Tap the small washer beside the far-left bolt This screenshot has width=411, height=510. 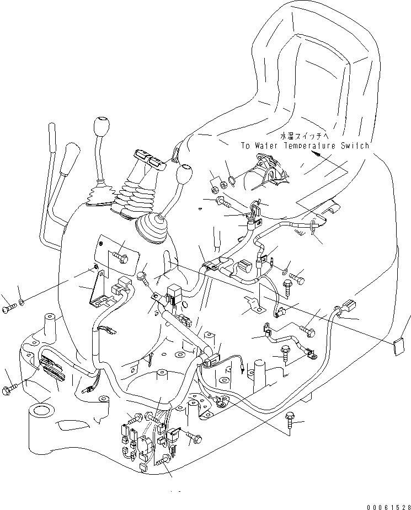click(20, 302)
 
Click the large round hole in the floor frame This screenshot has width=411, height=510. click(42, 411)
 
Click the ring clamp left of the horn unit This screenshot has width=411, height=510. click(232, 180)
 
